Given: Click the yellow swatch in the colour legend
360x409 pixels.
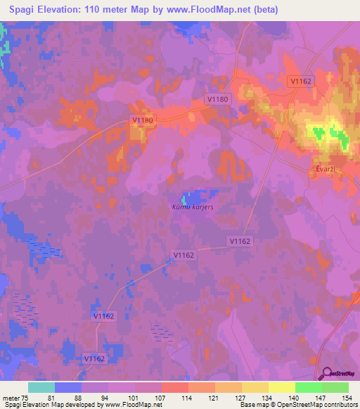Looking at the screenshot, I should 281,387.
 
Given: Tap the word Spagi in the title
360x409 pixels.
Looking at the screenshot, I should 23,10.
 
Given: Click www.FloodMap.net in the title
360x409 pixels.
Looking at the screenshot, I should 211,10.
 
